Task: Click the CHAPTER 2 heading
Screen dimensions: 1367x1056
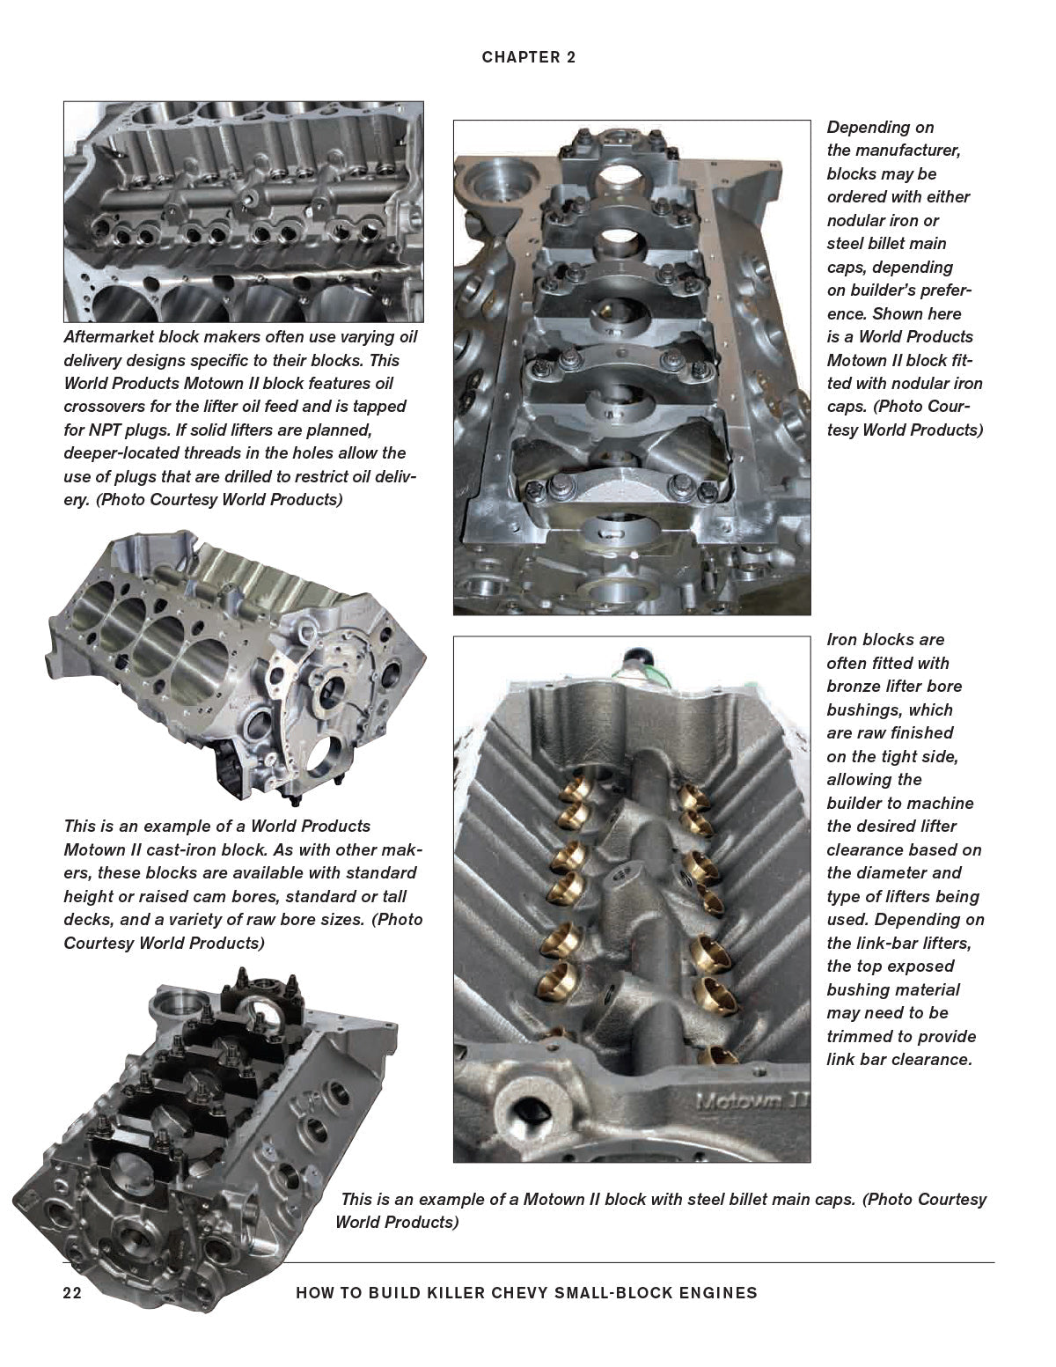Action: point(528,58)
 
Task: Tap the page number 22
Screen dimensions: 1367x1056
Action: point(72,1293)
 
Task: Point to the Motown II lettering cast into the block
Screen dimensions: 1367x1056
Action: point(752,1100)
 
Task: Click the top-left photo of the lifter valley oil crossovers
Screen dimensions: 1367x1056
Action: point(243,211)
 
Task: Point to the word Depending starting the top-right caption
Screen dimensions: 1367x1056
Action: point(880,128)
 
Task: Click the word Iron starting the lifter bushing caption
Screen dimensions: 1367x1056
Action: point(843,640)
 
